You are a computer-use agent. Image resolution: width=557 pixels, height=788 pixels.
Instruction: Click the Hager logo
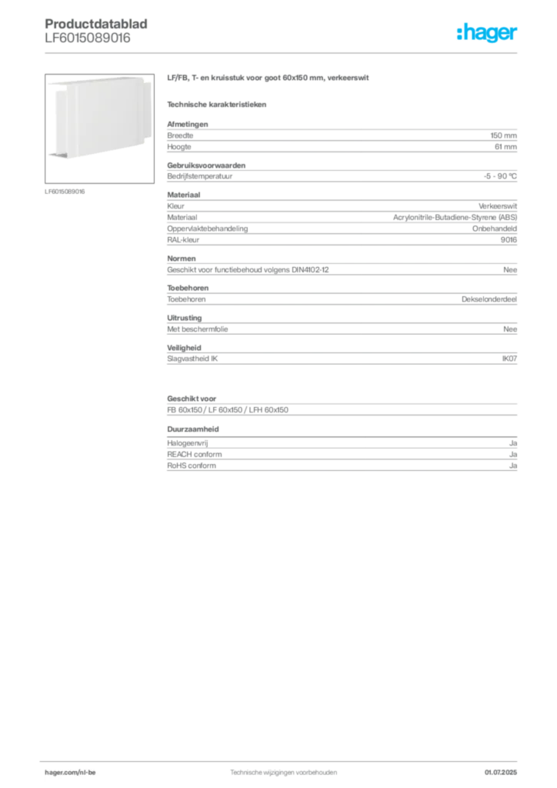click(486, 32)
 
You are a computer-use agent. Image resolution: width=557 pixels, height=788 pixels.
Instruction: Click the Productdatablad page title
click(96, 24)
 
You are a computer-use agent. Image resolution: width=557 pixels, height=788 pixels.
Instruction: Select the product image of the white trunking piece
click(99, 129)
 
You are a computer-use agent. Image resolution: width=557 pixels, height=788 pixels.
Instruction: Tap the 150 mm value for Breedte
click(503, 135)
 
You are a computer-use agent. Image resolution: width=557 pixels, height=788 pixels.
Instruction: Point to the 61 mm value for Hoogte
click(505, 147)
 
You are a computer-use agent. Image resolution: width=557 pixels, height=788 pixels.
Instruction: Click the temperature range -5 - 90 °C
click(500, 176)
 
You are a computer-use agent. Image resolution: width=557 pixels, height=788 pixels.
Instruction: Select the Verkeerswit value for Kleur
click(497, 206)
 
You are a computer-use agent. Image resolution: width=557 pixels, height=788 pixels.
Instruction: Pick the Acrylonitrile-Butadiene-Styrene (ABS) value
click(455, 218)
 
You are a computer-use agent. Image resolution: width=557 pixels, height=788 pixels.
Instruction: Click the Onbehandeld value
click(494, 229)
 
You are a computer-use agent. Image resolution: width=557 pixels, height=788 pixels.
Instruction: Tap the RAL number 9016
click(509, 240)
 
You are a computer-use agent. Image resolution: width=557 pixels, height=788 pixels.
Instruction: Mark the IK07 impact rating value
click(509, 359)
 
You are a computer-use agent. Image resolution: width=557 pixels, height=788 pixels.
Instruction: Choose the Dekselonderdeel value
click(489, 299)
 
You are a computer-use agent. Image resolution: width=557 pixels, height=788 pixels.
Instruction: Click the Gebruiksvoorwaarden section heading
click(206, 165)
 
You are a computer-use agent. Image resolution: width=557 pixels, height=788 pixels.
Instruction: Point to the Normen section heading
click(182, 259)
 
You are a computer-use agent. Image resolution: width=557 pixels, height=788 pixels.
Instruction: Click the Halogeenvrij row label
click(188, 443)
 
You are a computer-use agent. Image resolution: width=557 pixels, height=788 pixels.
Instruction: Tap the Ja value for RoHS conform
click(513, 466)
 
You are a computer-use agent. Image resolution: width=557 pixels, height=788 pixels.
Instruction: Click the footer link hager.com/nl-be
click(70, 773)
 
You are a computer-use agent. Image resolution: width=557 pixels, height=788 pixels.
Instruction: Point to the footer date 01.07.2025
click(500, 773)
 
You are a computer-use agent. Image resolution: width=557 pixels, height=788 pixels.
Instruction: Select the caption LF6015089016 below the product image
click(65, 192)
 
